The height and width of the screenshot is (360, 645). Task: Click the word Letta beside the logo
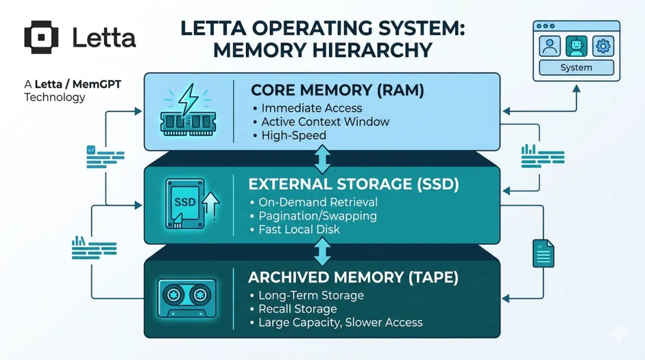[x=104, y=38]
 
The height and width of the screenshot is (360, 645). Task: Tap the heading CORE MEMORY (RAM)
[x=337, y=90]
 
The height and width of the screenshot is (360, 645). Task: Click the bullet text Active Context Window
[x=325, y=122]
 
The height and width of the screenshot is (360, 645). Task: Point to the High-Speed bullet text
[x=294, y=136]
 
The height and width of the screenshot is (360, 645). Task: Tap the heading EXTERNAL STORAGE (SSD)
[x=354, y=184]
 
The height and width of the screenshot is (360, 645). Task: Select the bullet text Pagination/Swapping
[x=317, y=216]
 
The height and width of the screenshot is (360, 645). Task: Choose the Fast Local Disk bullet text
[x=299, y=229]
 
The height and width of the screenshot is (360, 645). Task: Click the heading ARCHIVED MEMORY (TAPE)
[x=352, y=278]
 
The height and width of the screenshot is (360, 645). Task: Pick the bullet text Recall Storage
[x=297, y=309]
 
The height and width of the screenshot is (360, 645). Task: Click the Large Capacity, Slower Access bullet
[x=340, y=323]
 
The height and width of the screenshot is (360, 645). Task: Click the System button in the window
[x=576, y=68]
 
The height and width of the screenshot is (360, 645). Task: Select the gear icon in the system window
[x=603, y=46]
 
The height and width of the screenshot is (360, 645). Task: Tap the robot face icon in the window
[x=576, y=46]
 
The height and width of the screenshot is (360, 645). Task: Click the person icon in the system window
[x=549, y=46]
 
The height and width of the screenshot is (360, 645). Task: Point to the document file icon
[x=543, y=253]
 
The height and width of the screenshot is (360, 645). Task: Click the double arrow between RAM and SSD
[x=322, y=159]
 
